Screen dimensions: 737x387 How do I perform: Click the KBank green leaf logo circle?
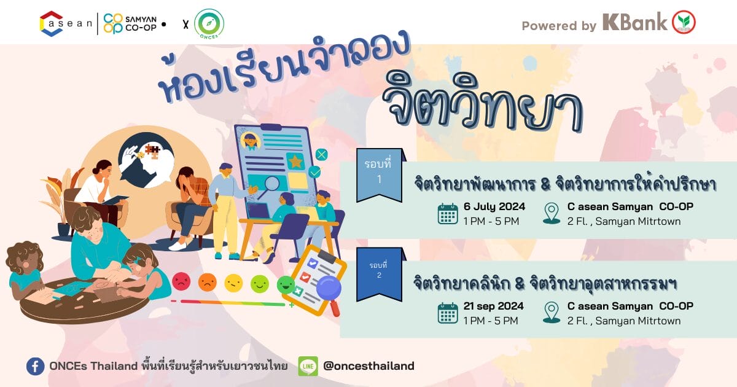pos(684,22)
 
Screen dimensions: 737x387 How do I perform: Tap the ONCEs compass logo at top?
pos(209,24)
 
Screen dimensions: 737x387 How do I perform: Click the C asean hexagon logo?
pos(52,24)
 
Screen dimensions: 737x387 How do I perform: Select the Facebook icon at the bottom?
pos(36,366)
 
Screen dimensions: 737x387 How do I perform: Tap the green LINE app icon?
pos(308,366)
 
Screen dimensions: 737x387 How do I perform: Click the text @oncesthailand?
pos(368,366)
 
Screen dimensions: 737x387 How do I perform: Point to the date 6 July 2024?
pos(494,206)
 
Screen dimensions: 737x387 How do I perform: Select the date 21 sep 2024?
pos(494,307)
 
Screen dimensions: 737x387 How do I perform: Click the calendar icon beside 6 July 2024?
pos(448,214)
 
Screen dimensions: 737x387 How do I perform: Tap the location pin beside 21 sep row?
pos(552,313)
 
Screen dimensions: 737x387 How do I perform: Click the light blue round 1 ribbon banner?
pos(380,175)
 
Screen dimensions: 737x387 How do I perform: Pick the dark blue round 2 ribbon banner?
pos(380,275)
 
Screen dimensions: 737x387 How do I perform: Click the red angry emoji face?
pos(181,282)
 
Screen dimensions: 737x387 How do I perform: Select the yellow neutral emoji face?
pos(233,283)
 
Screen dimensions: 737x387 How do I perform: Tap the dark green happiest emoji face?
pos(286,284)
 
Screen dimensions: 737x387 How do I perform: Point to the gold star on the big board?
pos(295,162)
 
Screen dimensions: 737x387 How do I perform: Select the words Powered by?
pos(559,26)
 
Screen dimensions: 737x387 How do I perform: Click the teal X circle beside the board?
pos(321,154)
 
